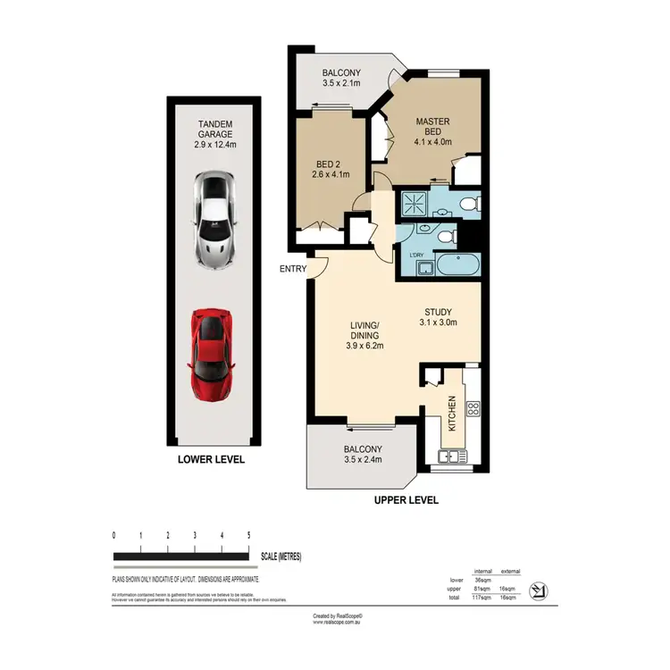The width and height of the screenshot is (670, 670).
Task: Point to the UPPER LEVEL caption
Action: [x=406, y=500]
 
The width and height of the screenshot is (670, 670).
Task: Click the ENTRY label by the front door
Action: [x=292, y=268]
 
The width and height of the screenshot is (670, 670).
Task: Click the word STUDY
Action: [x=439, y=312]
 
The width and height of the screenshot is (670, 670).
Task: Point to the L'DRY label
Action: [x=415, y=256]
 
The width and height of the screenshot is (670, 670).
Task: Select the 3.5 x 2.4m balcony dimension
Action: [x=364, y=461]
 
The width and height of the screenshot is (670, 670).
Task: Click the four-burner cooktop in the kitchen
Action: [x=473, y=410]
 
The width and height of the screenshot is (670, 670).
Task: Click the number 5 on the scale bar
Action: [x=247, y=535]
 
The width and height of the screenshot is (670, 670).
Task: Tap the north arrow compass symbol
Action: [x=538, y=590]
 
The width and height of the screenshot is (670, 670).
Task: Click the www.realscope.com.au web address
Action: [x=335, y=623]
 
